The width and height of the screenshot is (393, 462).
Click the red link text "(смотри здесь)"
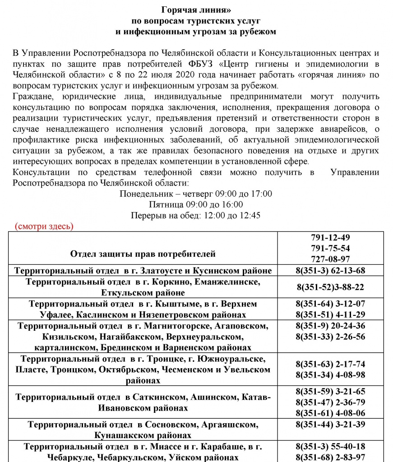[44, 226]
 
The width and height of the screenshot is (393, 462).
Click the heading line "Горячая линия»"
[196, 10]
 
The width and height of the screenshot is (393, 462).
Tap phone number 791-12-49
[330, 238]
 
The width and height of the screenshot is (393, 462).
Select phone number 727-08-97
[330, 259]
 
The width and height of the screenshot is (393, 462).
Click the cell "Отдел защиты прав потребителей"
[143, 254]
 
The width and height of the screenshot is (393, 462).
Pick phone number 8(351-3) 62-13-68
[330, 271]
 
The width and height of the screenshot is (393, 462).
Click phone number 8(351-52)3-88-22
[330, 287]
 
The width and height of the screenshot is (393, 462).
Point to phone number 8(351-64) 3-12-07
[330, 304]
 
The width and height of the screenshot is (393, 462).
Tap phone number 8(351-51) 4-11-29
[330, 314]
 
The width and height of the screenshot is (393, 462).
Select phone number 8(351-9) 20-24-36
[330, 326]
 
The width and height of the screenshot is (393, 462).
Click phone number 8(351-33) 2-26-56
[330, 337]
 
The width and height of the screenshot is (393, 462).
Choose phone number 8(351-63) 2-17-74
[330, 364]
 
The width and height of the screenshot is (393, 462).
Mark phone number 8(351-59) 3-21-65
[330, 391]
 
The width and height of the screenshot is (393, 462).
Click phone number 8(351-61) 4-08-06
[330, 413]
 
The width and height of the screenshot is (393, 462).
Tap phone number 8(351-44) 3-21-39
[330, 425]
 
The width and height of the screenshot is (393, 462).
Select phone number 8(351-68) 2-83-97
[330, 457]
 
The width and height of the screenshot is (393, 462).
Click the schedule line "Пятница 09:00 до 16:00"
[196, 204]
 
